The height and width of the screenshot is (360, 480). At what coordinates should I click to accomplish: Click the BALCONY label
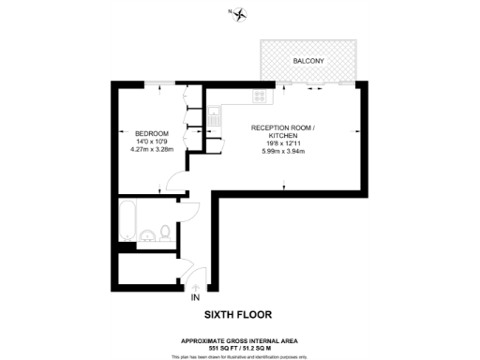click(308, 61)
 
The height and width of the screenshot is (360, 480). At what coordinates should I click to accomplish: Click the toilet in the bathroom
click(164, 232)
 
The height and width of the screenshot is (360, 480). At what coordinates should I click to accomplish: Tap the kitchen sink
click(215, 118)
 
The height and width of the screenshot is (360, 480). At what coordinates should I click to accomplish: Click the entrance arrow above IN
click(195, 287)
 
